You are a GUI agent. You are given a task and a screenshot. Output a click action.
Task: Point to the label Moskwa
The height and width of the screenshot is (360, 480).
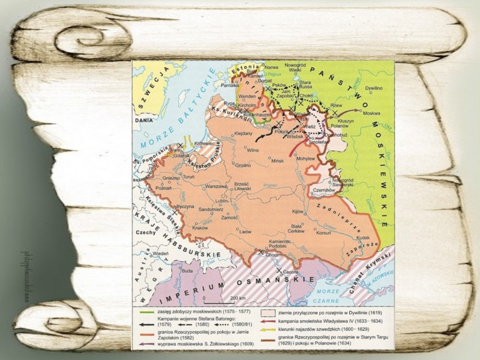point(371,113)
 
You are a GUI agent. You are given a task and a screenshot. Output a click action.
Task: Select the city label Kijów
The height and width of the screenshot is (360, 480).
point(297,211)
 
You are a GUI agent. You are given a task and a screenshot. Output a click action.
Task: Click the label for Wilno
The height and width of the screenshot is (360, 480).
point(252,150)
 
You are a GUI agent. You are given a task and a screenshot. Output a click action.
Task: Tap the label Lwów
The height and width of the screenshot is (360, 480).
point(245,232)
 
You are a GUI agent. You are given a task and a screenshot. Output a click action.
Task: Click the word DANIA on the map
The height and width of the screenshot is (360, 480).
point(141,120)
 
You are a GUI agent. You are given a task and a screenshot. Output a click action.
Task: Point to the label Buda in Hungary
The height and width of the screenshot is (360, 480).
point(187,270)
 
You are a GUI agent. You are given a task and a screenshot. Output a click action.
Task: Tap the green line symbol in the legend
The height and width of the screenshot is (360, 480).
point(144,312)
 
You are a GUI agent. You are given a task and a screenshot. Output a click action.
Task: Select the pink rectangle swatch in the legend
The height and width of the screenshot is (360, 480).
point(268,312)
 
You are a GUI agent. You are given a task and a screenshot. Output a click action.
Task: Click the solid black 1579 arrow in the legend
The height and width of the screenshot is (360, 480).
point(144,325)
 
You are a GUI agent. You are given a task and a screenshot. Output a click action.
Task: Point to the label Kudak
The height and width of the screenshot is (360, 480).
point(363,238)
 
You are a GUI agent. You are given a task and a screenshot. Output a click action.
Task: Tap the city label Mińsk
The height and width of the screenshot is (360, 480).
point(277,160)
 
